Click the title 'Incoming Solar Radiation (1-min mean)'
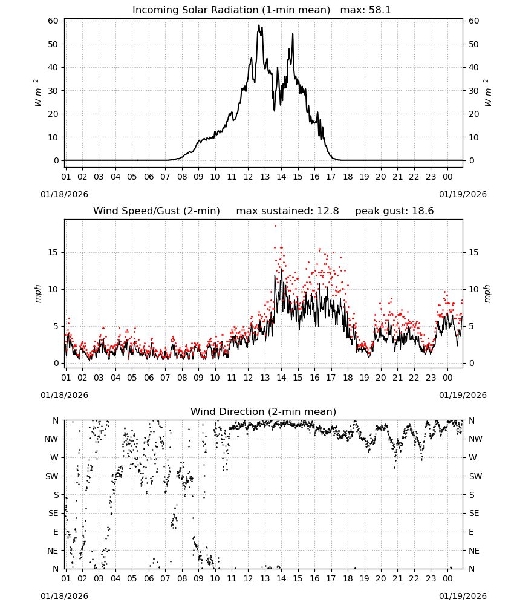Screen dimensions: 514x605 (232, 10)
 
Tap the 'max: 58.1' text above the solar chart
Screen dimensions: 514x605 (366, 10)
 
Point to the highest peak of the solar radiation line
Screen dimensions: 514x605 (259, 25)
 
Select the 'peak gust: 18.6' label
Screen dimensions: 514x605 (394, 211)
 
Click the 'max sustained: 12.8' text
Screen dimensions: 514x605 (288, 211)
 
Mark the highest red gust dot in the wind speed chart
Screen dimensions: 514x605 (275, 226)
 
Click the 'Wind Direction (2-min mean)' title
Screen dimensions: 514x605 (264, 411)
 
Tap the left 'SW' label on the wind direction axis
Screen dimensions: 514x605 (52, 476)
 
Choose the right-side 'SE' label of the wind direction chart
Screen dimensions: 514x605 (474, 513)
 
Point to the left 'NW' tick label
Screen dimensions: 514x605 (51, 439)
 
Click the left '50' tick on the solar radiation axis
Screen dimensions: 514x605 (53, 44)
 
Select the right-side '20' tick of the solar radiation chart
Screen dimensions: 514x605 (473, 114)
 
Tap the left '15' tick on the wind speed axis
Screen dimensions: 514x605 (53, 252)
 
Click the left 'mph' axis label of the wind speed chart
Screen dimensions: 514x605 (37, 293)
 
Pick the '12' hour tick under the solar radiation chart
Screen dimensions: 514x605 (248, 177)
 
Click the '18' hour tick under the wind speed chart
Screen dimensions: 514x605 (348, 378)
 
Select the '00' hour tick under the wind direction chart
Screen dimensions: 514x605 (447, 578)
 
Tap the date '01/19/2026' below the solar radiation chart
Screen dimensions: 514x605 (463, 194)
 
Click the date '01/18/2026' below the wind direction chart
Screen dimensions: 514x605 (64, 596)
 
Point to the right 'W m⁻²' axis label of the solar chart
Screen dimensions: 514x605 (487, 93)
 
